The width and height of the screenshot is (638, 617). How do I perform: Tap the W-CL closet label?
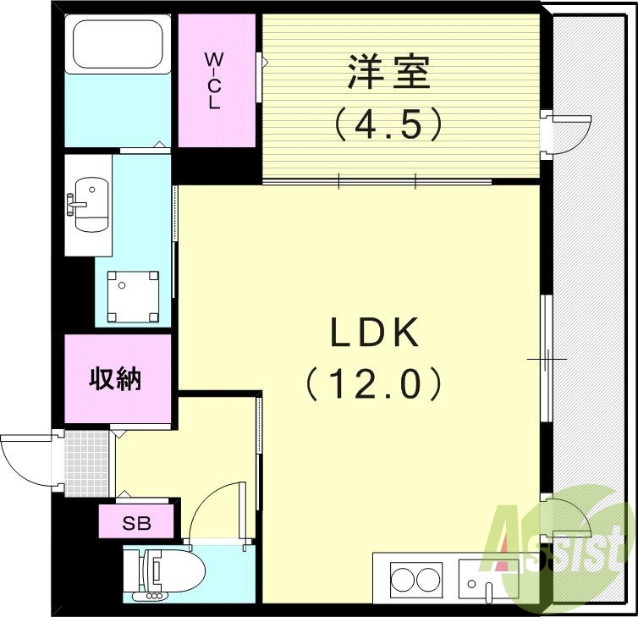214,81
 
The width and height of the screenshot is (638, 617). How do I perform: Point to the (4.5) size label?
388,125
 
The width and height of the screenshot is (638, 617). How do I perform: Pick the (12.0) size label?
374,385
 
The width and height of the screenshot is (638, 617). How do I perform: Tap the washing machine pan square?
133,295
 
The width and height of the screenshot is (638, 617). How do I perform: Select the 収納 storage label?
116,379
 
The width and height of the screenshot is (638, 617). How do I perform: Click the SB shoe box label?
137,522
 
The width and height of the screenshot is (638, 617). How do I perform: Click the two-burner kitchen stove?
415,581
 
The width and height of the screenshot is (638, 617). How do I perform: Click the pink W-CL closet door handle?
260,62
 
